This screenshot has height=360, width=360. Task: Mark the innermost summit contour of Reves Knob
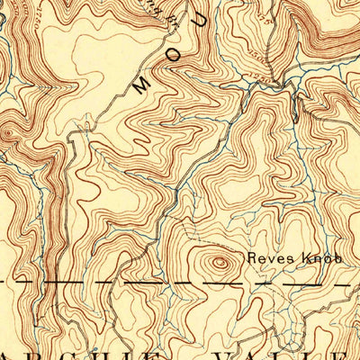[219, 264]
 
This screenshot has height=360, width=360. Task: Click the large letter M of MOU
[141, 86]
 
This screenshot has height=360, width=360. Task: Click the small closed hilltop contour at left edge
[8, 135]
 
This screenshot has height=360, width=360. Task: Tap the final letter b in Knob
[339, 258]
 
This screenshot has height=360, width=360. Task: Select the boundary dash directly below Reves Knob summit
[219, 282]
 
